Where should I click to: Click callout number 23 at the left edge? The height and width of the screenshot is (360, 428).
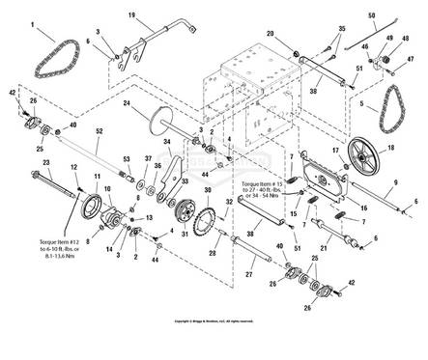17,163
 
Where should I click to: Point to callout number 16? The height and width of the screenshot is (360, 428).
363,208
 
